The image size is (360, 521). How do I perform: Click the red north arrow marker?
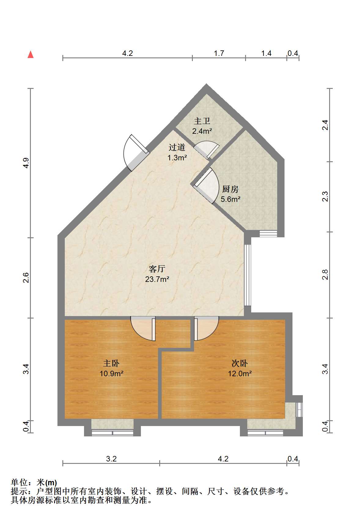point(31,55)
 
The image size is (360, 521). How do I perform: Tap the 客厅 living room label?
point(157,269)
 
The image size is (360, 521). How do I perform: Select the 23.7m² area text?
point(157,279)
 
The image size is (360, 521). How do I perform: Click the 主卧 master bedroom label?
point(111,363)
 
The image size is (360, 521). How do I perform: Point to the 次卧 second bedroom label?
point(240,363)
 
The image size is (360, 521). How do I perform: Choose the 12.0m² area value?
point(240,373)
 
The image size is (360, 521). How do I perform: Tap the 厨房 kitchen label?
point(230,189)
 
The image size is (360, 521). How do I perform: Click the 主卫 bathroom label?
point(202,121)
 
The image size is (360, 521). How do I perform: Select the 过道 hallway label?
point(177,147)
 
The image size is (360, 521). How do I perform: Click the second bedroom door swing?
point(206,328)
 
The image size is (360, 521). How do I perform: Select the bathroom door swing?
point(207,150)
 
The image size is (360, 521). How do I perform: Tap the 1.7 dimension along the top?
point(219,53)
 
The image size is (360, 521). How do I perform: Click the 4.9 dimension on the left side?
point(26,163)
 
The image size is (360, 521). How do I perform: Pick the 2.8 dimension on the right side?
point(325,275)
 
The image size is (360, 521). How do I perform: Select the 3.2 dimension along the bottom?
point(111,459)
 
